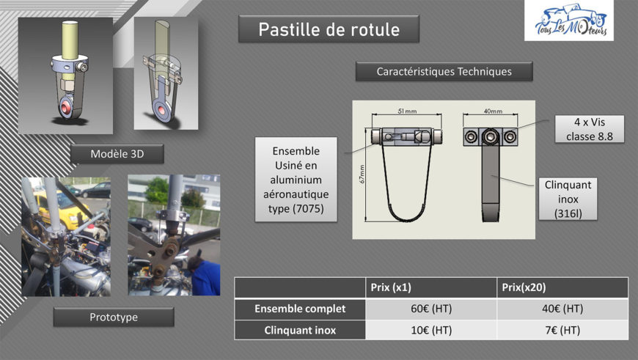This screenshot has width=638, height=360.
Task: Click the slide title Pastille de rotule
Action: point(329,29)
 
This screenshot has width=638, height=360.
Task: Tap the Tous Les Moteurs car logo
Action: point(569,21)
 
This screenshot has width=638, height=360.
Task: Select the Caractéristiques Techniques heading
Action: point(444,72)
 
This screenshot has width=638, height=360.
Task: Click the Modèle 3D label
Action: point(117,154)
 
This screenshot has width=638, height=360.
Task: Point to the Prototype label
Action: point(114,317)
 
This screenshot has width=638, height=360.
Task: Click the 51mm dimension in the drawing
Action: point(407,111)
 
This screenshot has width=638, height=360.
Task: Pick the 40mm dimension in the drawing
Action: point(493,111)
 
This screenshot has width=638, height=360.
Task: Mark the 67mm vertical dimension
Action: point(362,174)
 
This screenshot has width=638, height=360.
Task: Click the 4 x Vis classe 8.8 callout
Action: point(589,129)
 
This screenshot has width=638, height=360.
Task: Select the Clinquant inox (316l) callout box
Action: point(568,199)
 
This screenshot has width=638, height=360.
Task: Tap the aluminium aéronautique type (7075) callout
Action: point(296,180)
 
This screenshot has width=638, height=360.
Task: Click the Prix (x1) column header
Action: point(391,287)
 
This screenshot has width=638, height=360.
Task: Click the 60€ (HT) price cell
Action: point(431,309)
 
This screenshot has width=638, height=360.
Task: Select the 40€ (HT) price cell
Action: point(562,309)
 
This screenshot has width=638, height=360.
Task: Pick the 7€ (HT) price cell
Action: point(562,330)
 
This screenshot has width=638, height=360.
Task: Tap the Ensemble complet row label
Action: point(300,309)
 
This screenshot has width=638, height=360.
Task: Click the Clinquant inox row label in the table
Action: point(300,330)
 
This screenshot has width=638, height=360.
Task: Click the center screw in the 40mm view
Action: point(491,136)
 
